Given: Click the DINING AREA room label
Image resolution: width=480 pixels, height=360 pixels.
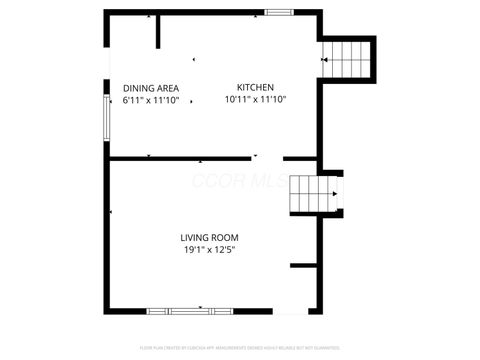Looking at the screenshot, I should click(x=151, y=88).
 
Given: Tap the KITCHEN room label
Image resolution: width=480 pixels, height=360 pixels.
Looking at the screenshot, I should click(x=255, y=87).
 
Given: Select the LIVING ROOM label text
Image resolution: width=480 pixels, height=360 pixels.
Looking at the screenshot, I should click(x=209, y=237).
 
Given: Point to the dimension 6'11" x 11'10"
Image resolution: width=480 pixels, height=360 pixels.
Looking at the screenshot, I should click(x=151, y=100).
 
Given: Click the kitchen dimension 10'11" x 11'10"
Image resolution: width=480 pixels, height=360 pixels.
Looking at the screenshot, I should click(x=255, y=99).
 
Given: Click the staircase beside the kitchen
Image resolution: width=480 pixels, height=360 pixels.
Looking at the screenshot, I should click(x=347, y=59).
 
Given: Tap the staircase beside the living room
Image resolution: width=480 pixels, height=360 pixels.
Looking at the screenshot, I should click(x=311, y=194).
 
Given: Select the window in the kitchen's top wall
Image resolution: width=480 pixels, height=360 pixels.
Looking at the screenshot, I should click(x=279, y=12).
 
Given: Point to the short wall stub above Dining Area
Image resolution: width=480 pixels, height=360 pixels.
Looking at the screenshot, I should click(x=158, y=30).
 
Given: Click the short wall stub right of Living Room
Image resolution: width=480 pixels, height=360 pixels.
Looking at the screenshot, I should click(x=303, y=265).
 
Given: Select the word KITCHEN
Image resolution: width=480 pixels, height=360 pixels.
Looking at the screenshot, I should click(x=255, y=87).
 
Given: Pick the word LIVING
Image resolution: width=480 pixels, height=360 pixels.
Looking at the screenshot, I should click(x=193, y=237).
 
